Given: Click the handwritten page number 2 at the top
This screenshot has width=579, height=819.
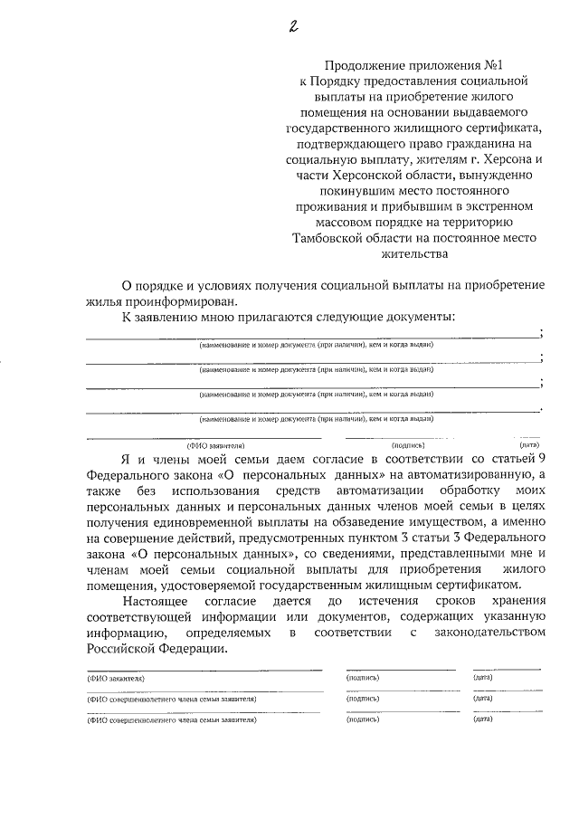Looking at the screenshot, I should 293,26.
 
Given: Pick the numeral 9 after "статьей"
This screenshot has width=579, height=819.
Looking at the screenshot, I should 541,460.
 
